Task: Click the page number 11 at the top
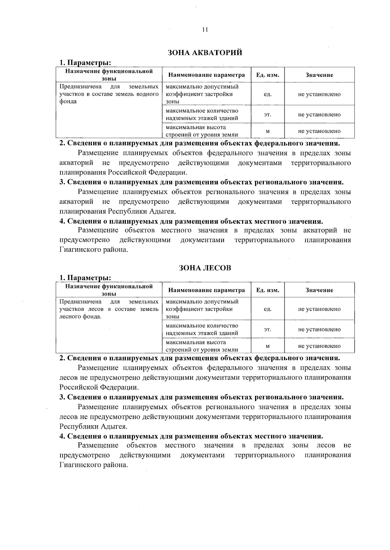click(x=204, y=30)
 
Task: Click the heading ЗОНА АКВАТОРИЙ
click(x=205, y=53)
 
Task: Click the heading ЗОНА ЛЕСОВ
click(x=205, y=268)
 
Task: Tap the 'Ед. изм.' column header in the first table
click(x=267, y=75)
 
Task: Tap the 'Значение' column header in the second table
click(x=319, y=290)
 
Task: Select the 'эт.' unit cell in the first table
click(x=267, y=115)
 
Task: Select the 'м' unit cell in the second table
click(x=267, y=346)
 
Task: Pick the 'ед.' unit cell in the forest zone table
click(x=267, y=309)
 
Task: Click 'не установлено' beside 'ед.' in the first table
click(x=319, y=94)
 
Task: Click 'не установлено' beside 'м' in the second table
click(x=319, y=346)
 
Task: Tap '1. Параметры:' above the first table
click(x=85, y=63)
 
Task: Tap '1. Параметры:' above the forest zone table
click(x=85, y=278)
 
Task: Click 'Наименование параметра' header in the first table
click(x=206, y=75)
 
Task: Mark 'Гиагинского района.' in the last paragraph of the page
click(x=94, y=465)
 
